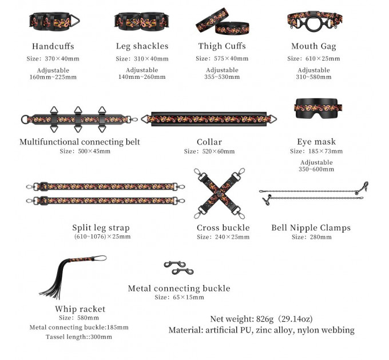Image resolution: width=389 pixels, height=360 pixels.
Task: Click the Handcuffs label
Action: pos(53,46)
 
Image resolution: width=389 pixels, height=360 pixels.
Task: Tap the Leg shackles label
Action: pos(142,46)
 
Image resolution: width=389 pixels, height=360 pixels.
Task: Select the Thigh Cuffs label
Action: pos(222,46)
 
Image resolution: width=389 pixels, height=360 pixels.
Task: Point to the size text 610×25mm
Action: pos(323,58)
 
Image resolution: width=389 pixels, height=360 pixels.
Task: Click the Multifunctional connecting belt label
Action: pos(80,142)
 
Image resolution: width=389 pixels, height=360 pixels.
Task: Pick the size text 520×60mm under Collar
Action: pos(219,151)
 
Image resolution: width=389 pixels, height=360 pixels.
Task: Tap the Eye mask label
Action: pos(316,142)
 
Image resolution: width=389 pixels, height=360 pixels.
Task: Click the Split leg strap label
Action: pos(101,227)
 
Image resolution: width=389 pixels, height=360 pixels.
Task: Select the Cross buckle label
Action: pos(223,227)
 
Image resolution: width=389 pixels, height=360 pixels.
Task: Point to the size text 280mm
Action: pos(320,237)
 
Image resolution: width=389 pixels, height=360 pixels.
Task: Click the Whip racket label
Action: pos(80,309)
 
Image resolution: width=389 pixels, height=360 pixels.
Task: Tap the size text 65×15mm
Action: pos(188,297)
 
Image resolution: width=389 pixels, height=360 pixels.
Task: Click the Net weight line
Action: pos(261,319)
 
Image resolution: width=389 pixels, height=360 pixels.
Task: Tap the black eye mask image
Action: pos(318,108)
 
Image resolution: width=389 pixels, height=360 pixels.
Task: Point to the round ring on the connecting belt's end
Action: pos(25,119)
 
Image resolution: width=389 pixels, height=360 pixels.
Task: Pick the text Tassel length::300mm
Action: pos(78,337)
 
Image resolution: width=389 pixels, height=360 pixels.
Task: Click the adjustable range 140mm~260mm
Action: pos(142,77)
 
